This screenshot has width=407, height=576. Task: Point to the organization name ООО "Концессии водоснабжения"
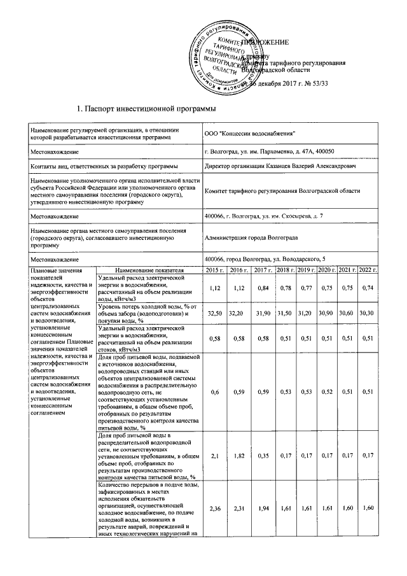[249, 132]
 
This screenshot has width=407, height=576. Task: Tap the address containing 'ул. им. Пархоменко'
[274, 151]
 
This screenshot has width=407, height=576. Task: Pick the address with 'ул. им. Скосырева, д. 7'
[263, 216]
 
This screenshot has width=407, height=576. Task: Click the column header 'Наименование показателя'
[150, 271]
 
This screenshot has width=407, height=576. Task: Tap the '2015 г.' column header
[218, 271]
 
